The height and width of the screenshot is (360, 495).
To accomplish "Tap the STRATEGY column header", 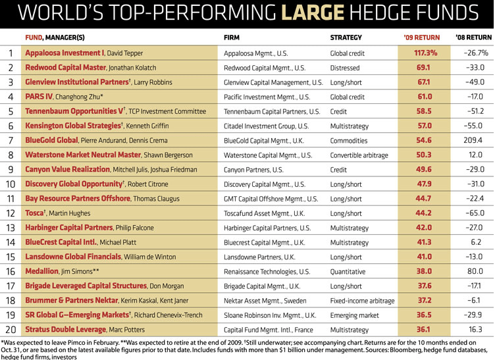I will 346,37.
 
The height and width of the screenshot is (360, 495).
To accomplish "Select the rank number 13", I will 11,227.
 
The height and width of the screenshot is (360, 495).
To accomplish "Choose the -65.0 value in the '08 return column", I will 473,213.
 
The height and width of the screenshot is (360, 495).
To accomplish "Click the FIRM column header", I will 232,37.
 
